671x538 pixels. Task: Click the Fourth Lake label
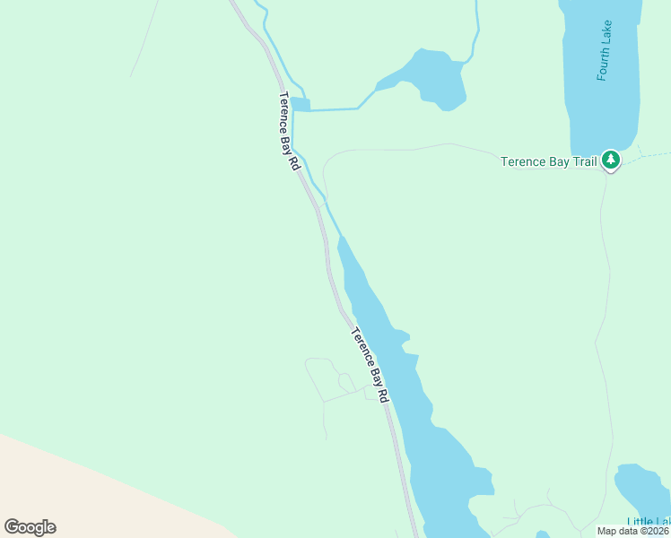click(606, 50)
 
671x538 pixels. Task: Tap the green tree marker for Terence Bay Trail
click(611, 161)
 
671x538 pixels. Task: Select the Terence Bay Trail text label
click(547, 161)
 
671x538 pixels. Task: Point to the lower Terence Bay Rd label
click(370, 364)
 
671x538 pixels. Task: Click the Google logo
click(30, 526)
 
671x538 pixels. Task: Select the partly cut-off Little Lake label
click(648, 523)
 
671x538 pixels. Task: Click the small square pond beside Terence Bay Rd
click(301, 105)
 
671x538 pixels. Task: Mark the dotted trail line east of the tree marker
click(646, 157)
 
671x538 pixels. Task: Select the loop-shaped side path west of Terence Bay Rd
click(327, 377)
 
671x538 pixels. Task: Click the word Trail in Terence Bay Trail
click(585, 161)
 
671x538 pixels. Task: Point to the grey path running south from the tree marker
click(606, 269)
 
